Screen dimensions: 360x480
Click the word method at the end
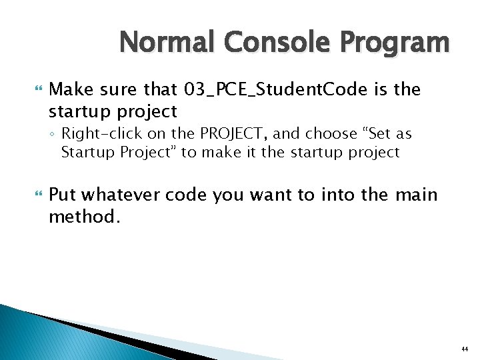[x=83, y=217]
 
